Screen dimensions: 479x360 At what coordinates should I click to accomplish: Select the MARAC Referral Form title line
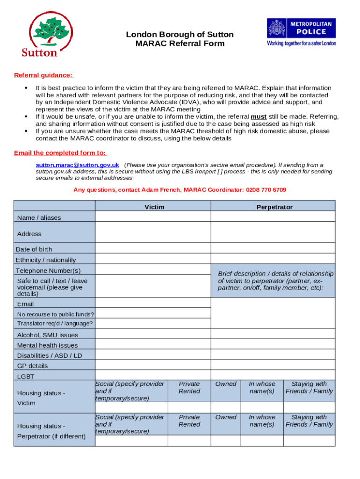(180, 44)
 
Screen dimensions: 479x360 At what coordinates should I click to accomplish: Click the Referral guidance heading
(43, 75)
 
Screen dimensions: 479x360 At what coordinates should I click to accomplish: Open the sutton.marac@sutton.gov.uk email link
(78, 165)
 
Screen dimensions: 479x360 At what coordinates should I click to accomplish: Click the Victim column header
(154, 207)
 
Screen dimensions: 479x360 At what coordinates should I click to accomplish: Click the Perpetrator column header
(274, 207)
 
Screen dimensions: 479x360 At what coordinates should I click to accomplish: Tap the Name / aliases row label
(39, 218)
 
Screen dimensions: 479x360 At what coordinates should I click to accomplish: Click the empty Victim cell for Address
(153, 232)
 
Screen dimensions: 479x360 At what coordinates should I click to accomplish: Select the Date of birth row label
(34, 249)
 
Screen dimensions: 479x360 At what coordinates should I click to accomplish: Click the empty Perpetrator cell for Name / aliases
(273, 217)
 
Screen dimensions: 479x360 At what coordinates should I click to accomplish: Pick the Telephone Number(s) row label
(48, 270)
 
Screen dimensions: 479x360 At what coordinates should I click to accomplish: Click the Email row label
(25, 304)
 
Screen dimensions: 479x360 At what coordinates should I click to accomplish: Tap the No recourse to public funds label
(56, 314)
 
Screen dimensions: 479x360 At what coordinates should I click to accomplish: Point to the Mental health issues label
(48, 345)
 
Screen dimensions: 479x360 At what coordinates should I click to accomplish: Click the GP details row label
(33, 366)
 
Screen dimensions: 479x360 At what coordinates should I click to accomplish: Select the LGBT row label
(26, 376)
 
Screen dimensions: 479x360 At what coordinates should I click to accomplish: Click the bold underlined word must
(259, 116)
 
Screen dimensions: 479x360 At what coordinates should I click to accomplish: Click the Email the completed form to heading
(60, 153)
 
